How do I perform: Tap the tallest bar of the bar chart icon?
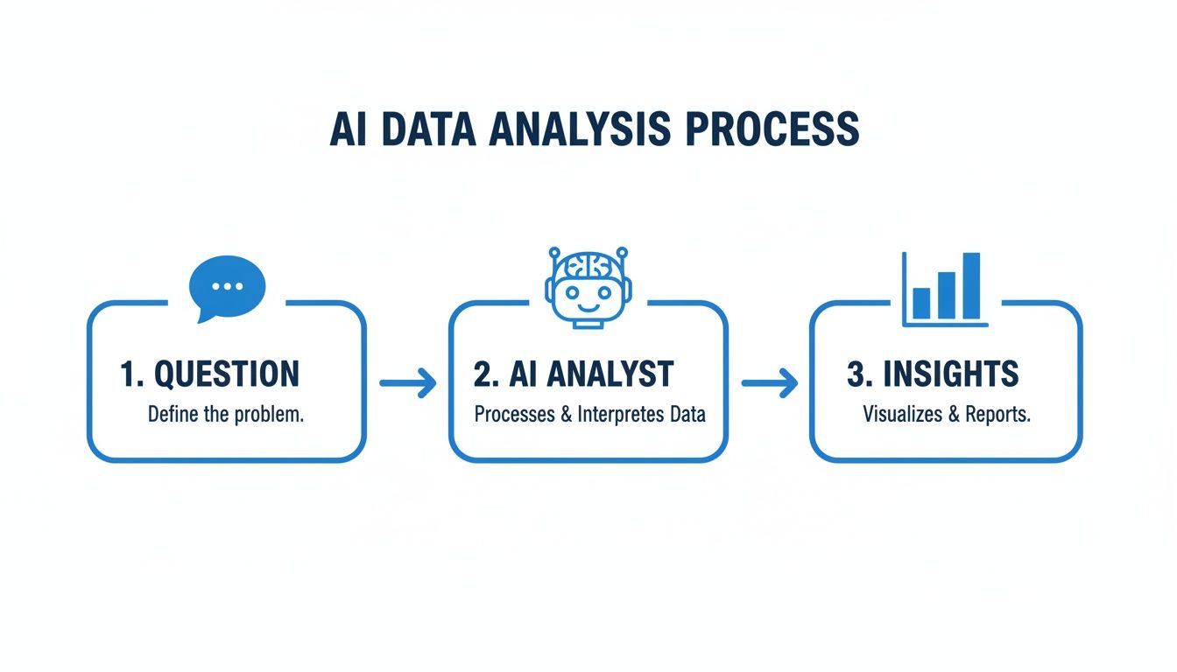click(971, 285)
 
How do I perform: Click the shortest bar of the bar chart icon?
click(921, 302)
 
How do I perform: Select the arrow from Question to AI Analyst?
click(407, 382)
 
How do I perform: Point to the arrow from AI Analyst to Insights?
click(770, 382)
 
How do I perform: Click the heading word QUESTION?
click(227, 374)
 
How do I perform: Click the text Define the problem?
click(226, 415)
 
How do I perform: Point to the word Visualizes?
click(902, 415)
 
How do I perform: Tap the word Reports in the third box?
click(997, 415)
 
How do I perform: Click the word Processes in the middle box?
click(514, 415)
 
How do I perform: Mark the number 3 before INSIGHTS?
click(856, 374)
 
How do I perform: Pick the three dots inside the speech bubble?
click(228, 285)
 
